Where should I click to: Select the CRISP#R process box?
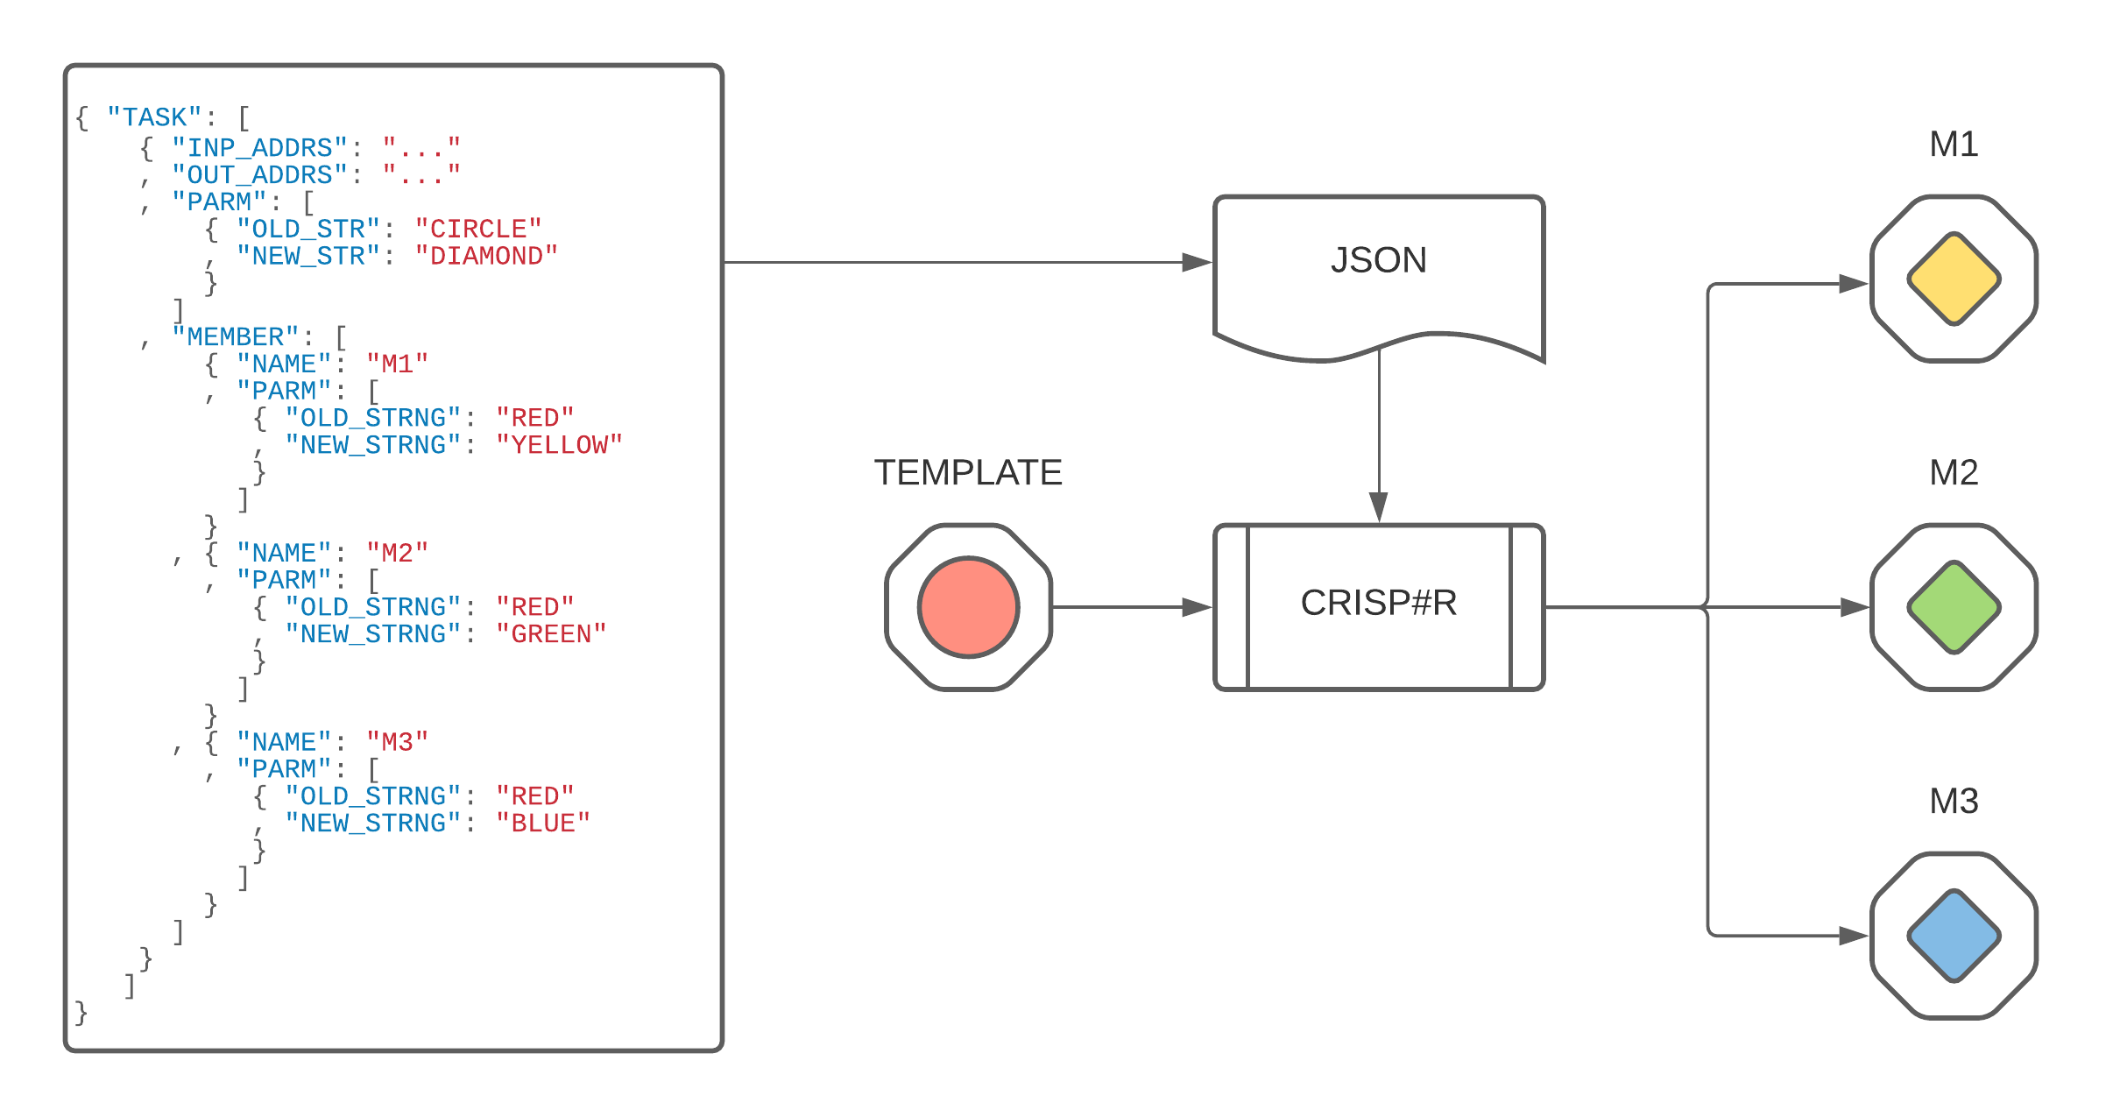(1378, 604)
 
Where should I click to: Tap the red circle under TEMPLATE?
(968, 606)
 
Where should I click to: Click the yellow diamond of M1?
(1954, 279)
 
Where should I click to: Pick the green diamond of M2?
(1954, 607)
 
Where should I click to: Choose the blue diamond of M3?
(1954, 936)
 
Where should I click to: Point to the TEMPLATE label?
(968, 473)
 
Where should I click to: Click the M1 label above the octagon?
(1954, 145)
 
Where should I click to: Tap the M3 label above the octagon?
(1954, 802)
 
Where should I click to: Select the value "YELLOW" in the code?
(559, 445)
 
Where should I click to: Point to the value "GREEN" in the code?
(551, 634)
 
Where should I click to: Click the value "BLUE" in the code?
(543, 824)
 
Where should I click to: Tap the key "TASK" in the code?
(154, 117)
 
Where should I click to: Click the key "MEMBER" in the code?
(235, 337)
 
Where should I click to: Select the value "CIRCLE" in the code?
(478, 229)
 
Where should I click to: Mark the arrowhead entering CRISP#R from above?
(1379, 507)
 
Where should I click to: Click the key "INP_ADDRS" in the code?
(259, 147)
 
